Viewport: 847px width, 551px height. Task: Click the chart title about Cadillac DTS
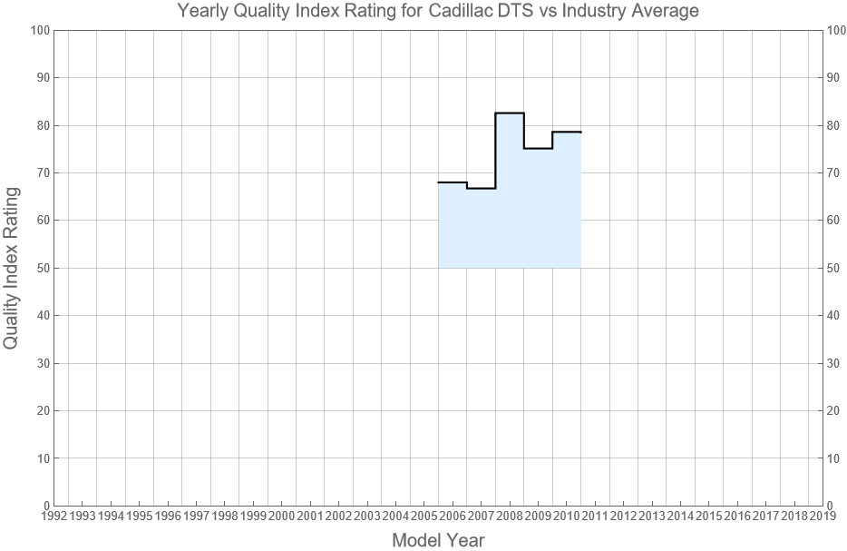[438, 12]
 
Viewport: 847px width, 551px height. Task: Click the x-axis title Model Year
[438, 540]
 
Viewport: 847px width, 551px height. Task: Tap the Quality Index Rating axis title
[12, 268]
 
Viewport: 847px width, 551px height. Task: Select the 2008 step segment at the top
[510, 113]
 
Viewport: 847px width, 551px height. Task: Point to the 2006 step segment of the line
[453, 182]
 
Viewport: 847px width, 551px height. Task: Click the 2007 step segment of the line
[481, 188]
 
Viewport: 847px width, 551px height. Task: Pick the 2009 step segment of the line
[538, 148]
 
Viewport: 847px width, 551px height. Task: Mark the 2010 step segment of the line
[567, 132]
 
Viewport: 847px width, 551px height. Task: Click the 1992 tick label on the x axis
[54, 517]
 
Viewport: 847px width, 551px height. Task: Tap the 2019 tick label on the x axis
[823, 517]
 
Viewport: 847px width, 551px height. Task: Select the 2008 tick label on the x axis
[509, 517]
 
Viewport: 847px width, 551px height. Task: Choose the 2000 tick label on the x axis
[281, 517]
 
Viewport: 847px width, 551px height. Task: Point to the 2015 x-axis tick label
[708, 517]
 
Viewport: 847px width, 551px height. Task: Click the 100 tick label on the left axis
[39, 30]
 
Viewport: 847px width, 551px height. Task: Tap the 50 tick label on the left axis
[42, 268]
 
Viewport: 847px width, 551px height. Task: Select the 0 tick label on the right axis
[832, 506]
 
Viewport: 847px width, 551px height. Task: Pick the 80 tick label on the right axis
[835, 125]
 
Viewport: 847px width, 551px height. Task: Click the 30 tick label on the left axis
[42, 363]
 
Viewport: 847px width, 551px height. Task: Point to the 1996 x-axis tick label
[168, 517]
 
